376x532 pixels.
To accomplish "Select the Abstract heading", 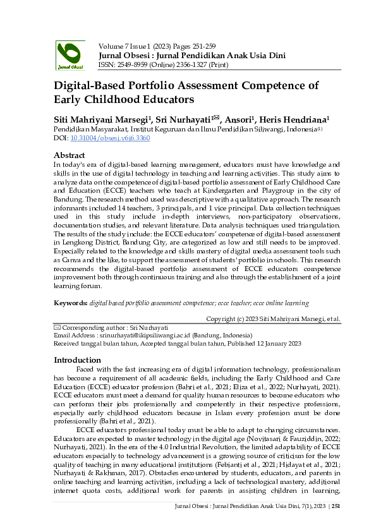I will point(70,155).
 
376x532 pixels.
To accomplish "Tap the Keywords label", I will point(70,303).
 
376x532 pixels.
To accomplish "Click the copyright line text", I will point(273,319).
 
